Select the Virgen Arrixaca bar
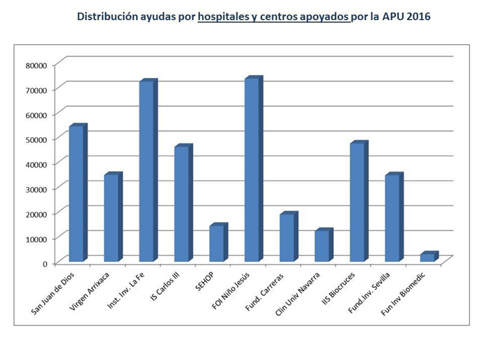coord(111,219)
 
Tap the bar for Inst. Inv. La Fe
coord(146,172)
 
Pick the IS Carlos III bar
coord(181,204)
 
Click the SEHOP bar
coord(217,243)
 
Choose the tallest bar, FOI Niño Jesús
coord(252,170)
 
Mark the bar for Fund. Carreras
coord(287,238)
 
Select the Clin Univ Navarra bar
coord(322,246)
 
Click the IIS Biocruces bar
coord(357,203)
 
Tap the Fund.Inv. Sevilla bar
coord(393,219)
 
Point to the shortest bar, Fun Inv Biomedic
coord(428,258)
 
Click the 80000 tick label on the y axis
coord(34,65)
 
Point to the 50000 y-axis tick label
coord(34,139)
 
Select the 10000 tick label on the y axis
coord(34,239)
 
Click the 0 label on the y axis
coord(44,263)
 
